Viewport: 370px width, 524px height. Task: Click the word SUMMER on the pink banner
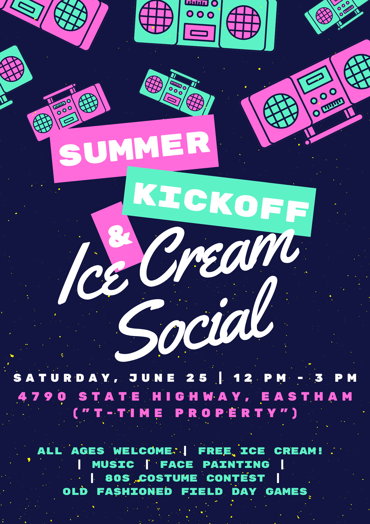point(135,148)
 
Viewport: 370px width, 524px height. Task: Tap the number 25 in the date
point(197,378)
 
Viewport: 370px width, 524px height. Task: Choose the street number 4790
point(42,396)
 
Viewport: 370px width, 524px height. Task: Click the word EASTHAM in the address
point(307,396)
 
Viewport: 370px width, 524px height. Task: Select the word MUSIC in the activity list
point(113,465)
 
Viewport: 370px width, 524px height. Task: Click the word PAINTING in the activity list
point(236,465)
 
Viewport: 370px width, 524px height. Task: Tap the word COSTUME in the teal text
point(168,478)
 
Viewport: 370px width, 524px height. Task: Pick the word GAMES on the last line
point(286,492)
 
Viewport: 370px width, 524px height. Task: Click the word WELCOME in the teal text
point(143,451)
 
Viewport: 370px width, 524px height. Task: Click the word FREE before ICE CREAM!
point(215,451)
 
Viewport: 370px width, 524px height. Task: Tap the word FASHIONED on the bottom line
point(134,492)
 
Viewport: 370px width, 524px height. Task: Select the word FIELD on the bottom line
point(202,492)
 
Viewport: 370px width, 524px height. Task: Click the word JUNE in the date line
point(152,378)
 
